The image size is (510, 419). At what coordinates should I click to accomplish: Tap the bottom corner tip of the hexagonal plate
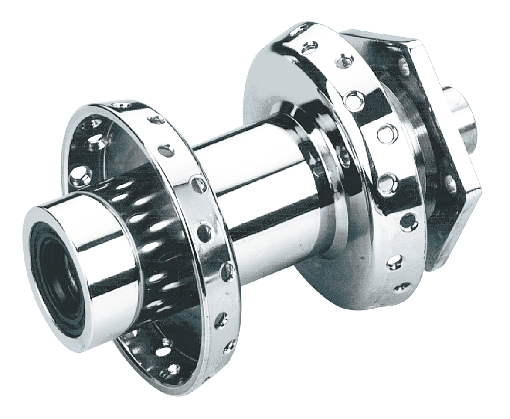coord(429,266)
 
